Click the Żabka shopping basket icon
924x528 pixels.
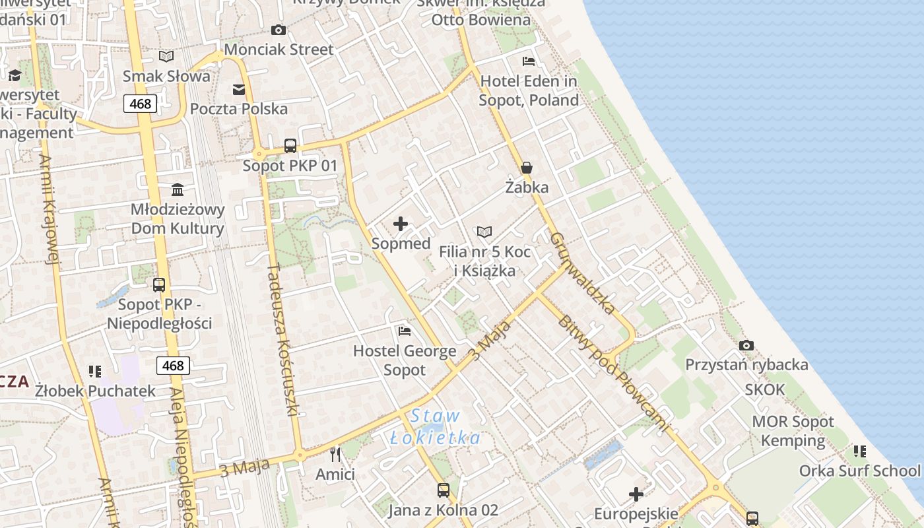coord(527,168)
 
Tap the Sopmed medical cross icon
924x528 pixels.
coord(401,224)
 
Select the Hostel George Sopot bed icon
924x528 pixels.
coord(405,331)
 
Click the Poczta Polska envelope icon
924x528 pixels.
coord(238,90)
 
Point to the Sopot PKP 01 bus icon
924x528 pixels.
coord(290,146)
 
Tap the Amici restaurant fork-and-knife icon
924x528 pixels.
coord(335,454)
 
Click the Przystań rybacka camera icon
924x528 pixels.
coord(746,345)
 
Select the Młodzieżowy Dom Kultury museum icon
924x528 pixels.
coord(178,190)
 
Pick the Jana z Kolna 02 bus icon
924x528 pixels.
coord(443,490)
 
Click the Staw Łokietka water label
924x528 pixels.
coord(435,427)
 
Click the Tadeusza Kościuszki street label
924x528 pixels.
coord(284,340)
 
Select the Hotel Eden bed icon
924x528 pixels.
coord(529,61)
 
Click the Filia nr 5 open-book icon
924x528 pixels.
coord(484,232)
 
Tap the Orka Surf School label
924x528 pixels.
coord(859,471)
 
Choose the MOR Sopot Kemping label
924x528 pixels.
coord(793,431)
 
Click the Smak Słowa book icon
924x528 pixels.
coord(166,57)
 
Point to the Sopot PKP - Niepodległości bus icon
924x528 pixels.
coord(159,285)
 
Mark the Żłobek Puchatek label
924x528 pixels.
coord(95,391)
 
